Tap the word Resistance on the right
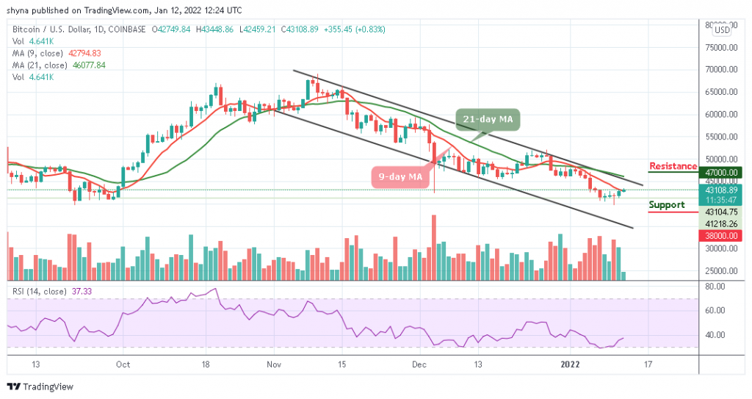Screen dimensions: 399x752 [673, 166]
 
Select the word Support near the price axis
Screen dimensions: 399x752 [668, 205]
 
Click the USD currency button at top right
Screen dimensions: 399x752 [723, 29]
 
